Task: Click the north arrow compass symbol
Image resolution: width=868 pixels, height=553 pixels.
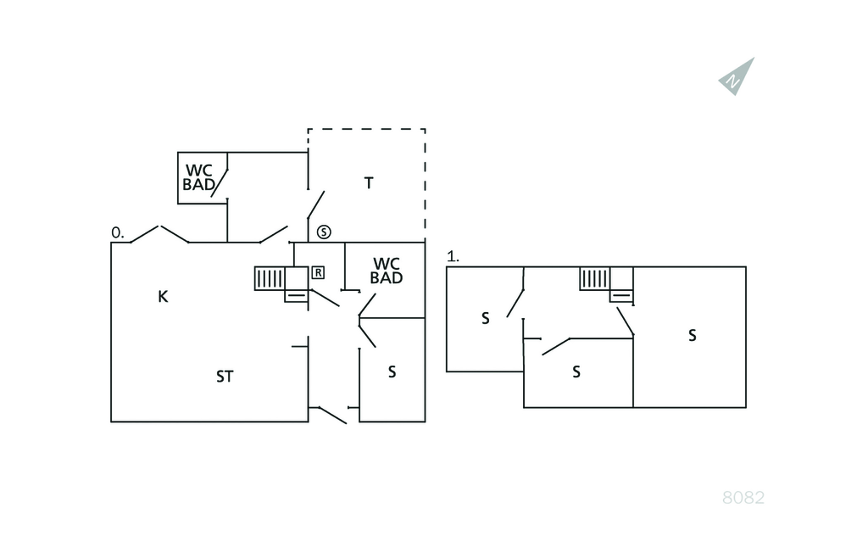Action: coord(736,77)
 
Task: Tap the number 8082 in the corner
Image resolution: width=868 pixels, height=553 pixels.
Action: coord(743,498)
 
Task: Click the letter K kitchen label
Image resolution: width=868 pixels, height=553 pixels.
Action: coord(163,296)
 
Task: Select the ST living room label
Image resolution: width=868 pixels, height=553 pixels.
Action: coord(224,377)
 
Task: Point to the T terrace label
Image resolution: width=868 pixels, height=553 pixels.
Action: coord(369,182)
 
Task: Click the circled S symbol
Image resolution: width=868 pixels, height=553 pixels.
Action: coord(324,232)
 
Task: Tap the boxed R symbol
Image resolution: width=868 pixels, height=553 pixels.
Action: coord(318,272)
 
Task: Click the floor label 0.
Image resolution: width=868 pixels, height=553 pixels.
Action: coord(118,232)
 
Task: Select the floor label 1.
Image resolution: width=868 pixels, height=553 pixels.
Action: coord(453,256)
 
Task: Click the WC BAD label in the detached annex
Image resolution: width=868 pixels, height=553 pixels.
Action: coord(199,177)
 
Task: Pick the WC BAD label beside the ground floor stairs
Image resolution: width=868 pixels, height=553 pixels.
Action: coord(387,271)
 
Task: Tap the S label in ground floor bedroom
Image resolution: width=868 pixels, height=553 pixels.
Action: coord(392,371)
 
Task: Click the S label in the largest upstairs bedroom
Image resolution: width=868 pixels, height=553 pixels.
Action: coord(692,335)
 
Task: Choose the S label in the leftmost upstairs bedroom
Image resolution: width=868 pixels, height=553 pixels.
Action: coord(485,319)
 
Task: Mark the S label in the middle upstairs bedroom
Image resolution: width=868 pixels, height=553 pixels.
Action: coord(576,371)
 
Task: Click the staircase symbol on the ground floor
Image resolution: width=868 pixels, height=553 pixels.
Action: coord(270,279)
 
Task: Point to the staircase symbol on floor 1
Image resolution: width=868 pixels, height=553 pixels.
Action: coord(596,279)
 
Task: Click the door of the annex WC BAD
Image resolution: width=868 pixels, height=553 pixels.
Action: coord(220,182)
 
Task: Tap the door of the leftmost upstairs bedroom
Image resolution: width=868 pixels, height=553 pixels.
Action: coord(515,303)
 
